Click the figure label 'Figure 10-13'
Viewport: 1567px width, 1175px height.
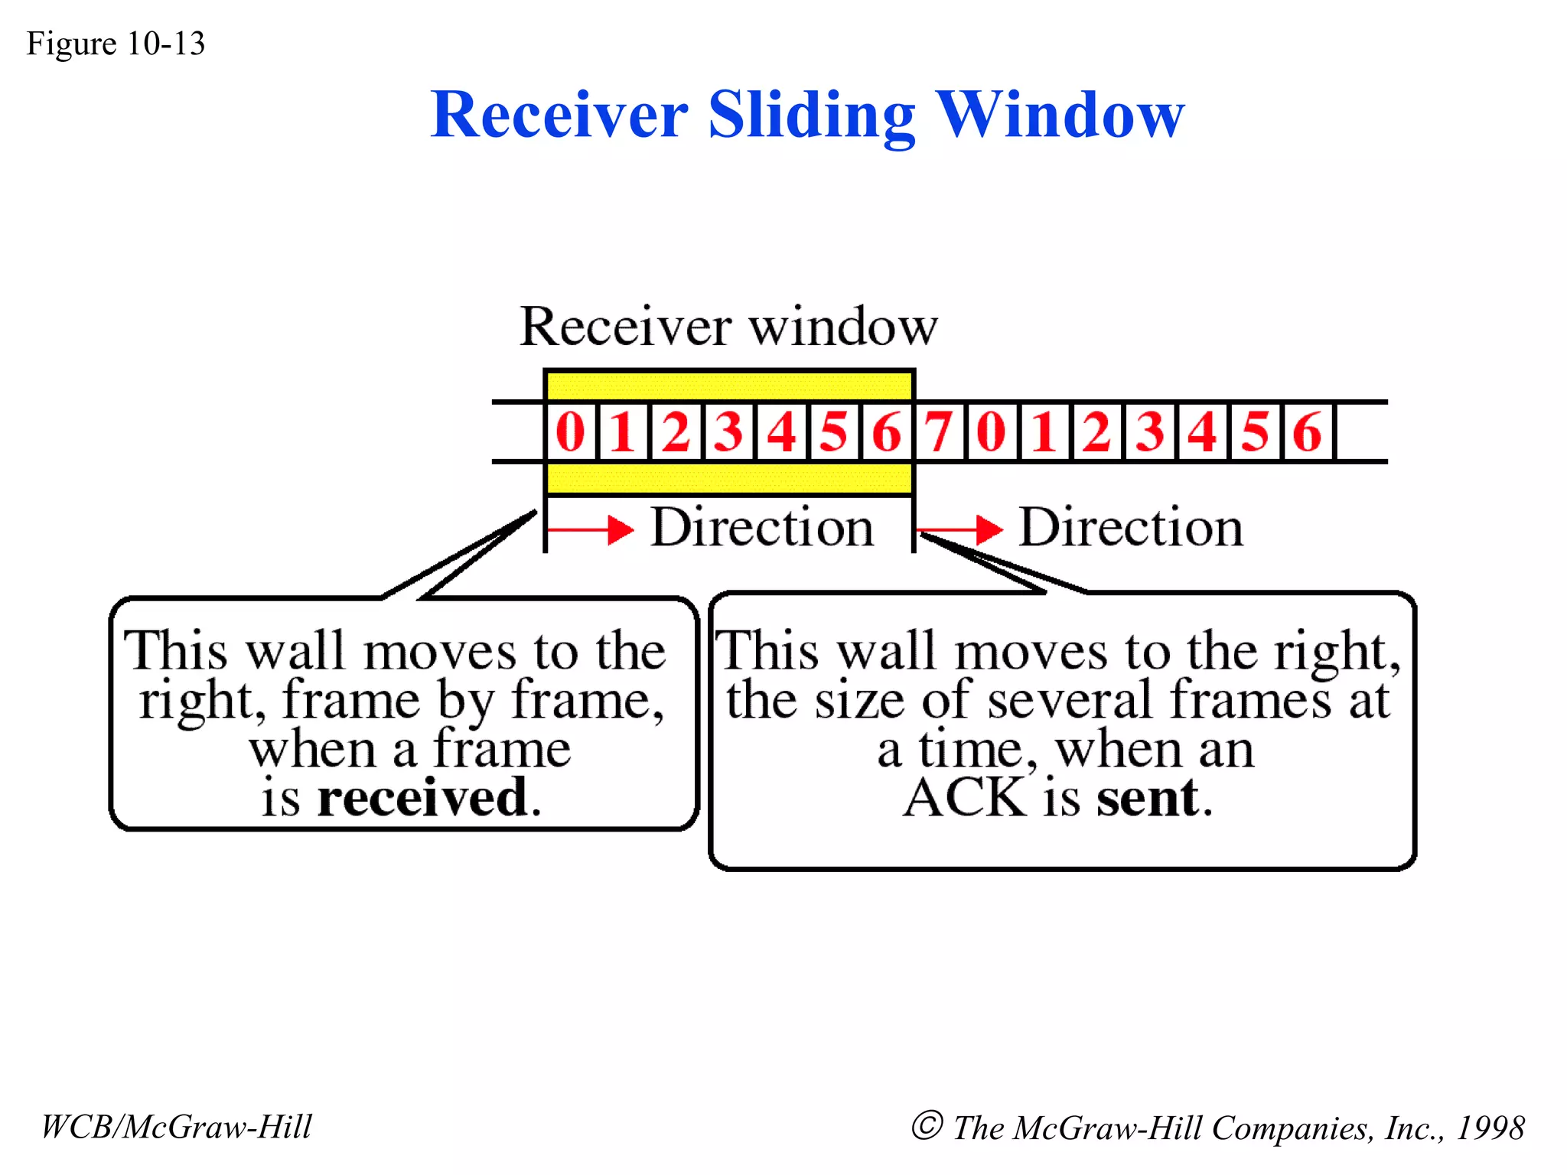point(116,44)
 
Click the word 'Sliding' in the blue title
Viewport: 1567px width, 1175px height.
point(811,116)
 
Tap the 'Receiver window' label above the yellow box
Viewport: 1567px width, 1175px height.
point(728,327)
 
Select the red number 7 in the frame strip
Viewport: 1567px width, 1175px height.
point(939,431)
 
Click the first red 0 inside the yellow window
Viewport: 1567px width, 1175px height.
point(571,431)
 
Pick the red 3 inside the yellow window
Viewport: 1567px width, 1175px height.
point(728,431)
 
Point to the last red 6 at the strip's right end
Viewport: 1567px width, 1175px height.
point(1307,431)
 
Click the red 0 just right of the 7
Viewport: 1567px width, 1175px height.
point(992,431)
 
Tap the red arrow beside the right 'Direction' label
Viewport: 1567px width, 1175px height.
point(961,529)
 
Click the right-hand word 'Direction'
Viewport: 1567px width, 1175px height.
point(1131,527)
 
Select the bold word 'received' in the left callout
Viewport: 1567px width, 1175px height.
point(423,797)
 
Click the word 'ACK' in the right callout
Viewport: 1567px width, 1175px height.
point(964,797)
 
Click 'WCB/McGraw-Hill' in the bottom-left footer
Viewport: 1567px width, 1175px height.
point(176,1127)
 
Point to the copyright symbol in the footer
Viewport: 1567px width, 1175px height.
point(927,1125)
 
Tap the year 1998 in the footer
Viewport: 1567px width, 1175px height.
point(1490,1128)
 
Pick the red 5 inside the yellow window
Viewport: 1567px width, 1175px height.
point(833,431)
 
